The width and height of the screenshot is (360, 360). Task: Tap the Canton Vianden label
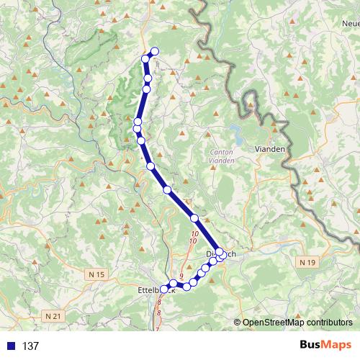(x=220, y=156)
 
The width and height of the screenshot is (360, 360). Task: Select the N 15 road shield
(x=98, y=274)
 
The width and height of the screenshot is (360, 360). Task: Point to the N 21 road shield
(x=53, y=316)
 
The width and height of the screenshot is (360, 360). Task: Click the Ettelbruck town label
(x=149, y=290)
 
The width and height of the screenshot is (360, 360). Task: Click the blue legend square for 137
(x=11, y=346)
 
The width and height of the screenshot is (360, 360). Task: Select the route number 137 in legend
(x=30, y=346)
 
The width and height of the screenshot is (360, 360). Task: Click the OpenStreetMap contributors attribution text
(x=297, y=323)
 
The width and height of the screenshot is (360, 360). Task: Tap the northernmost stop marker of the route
(x=154, y=51)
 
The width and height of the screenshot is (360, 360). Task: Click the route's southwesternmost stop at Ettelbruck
(x=163, y=289)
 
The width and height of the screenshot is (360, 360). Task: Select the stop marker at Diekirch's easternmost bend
(x=221, y=253)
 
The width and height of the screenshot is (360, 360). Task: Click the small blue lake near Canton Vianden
(x=235, y=133)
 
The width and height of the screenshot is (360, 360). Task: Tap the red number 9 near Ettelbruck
(x=181, y=276)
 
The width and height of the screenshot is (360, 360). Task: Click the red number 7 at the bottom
(x=157, y=328)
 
